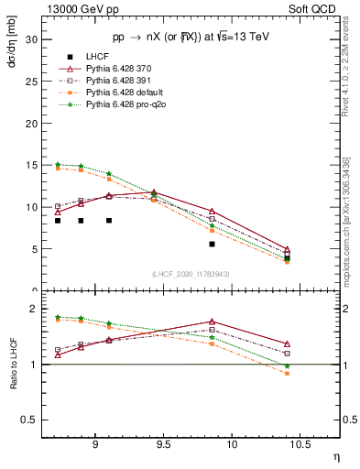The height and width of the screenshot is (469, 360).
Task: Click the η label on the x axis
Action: point(335,456)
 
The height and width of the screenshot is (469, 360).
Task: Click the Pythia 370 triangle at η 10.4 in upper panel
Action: point(287,249)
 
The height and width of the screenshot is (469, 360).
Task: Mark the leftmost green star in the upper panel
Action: point(58,164)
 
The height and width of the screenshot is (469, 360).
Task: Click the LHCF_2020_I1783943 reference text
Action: point(191,275)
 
